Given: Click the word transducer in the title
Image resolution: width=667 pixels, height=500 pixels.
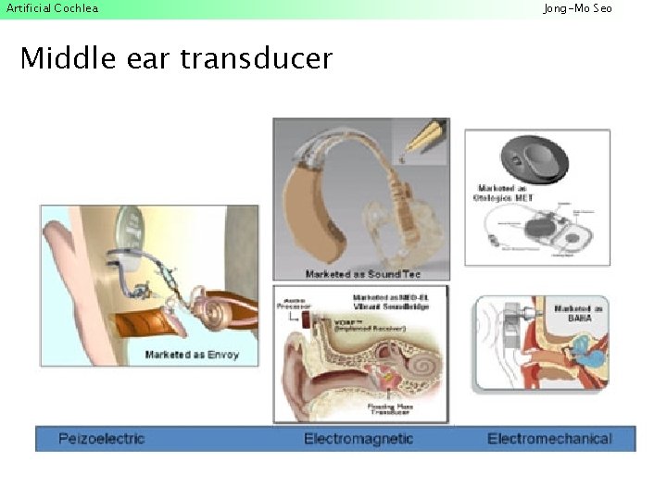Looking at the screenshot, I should (x=256, y=59).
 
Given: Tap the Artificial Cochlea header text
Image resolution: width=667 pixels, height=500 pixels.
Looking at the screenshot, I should (x=52, y=8).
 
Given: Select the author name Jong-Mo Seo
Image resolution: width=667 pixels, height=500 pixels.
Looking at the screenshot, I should (x=577, y=8).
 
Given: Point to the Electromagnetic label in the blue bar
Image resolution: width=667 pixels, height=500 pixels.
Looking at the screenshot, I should (x=358, y=439).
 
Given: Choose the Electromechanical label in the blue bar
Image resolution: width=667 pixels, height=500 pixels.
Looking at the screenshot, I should (x=549, y=439).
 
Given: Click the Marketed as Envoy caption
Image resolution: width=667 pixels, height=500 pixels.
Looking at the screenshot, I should (x=191, y=355).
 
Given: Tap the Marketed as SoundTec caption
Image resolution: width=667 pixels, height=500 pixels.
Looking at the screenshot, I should (x=363, y=274).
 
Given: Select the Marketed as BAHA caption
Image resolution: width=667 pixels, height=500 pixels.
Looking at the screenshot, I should (x=579, y=313).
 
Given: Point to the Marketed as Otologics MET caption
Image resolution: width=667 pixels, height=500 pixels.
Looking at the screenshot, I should (x=506, y=194).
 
